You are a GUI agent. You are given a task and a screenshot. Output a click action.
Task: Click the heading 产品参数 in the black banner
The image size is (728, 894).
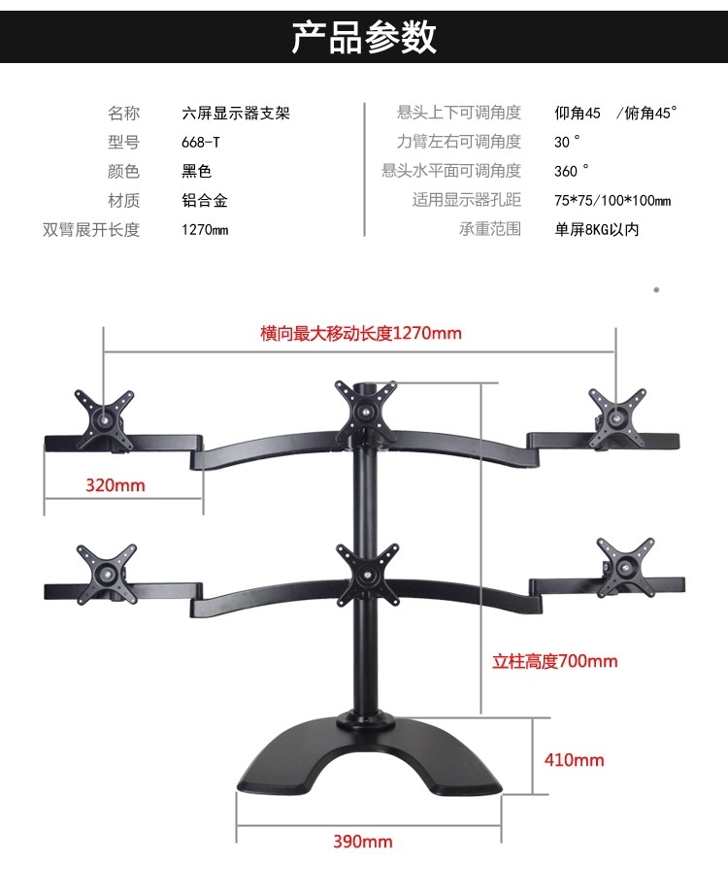[364, 37]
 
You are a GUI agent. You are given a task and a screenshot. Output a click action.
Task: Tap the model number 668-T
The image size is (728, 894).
[201, 142]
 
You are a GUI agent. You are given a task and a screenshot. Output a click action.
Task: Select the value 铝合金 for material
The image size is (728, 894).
[205, 200]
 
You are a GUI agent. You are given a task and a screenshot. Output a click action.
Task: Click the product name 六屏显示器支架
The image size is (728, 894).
[236, 113]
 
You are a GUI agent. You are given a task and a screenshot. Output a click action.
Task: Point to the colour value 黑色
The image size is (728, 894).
[197, 171]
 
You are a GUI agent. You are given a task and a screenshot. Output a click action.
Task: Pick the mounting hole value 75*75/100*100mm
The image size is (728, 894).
[612, 200]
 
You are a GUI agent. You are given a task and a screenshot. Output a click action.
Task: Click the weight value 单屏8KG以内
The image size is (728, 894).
[596, 229]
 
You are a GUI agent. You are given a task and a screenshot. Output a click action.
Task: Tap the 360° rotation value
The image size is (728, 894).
[572, 171]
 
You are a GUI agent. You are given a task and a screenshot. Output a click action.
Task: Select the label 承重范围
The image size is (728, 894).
[490, 229]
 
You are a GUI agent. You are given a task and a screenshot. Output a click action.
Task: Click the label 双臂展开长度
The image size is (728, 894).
[91, 229]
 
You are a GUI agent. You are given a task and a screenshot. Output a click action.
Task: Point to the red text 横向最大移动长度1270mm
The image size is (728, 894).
[361, 333]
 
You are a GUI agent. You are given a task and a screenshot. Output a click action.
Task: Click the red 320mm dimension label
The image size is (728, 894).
[115, 484]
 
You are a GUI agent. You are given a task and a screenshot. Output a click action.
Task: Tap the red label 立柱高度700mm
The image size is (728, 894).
[554, 661]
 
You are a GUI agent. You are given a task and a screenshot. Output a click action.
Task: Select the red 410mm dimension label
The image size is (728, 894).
[574, 759]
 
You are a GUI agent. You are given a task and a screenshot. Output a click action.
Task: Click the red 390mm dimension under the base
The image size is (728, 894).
[362, 841]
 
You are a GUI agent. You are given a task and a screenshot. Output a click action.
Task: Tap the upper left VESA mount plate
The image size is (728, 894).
[104, 414]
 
